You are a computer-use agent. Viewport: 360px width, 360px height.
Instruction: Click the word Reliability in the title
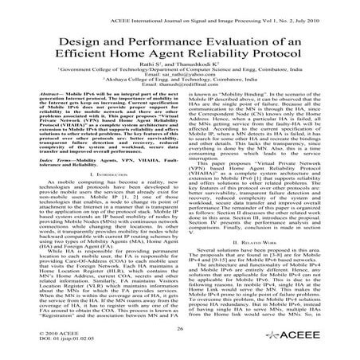[228, 59]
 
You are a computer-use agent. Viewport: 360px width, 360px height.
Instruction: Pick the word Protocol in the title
[290, 59]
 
